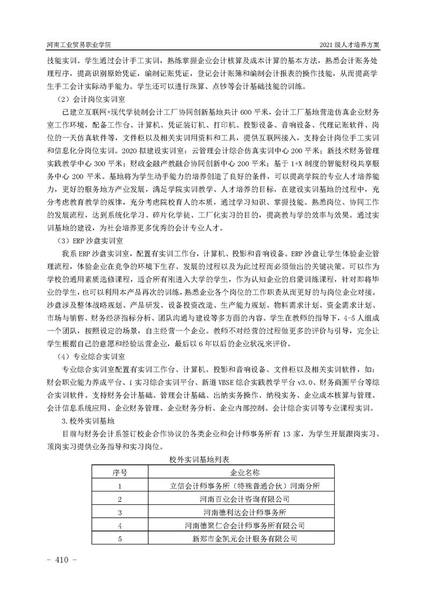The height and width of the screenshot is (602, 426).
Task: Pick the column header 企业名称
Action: pos(244,473)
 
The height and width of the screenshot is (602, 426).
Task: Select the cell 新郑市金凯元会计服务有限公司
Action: pos(244,538)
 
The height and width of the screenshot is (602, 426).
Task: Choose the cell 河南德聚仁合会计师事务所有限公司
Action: pos(244,525)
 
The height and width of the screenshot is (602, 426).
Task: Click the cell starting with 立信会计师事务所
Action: pos(244,486)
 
